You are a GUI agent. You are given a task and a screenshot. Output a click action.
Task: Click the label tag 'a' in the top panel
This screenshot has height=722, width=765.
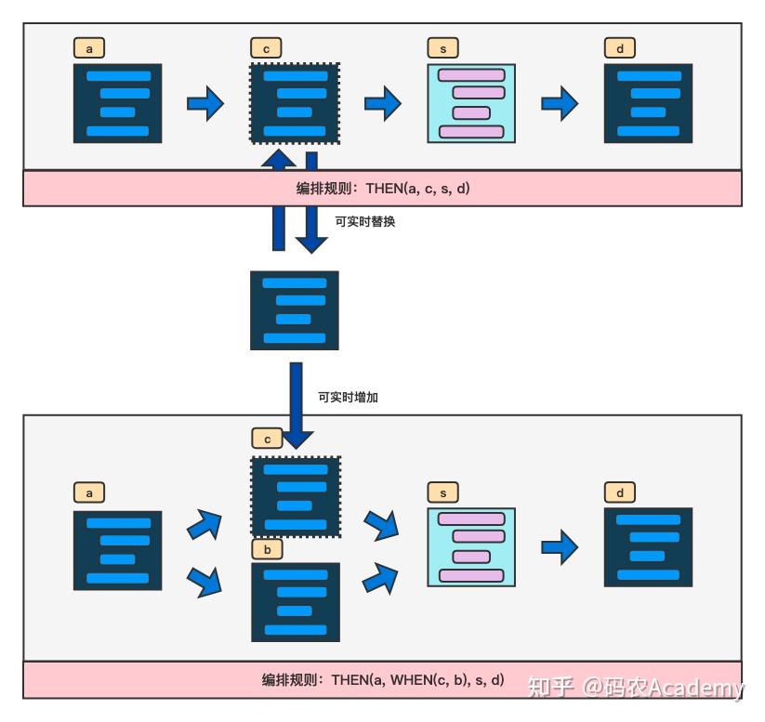[89, 49]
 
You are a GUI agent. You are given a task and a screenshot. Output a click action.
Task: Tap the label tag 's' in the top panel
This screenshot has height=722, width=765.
[443, 49]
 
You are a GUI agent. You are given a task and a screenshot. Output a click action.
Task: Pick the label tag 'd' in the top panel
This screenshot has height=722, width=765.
[620, 49]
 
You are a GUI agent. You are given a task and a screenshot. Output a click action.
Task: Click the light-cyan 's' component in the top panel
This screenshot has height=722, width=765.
[471, 103]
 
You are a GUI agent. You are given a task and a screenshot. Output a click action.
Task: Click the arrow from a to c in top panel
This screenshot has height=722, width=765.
[205, 103]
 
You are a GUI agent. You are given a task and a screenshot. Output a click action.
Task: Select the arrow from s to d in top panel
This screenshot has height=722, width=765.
[560, 103]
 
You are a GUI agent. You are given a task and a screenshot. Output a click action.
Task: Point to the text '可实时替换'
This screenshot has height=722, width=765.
[365, 222]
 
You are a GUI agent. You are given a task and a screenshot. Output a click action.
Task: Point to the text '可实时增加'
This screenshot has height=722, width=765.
[348, 397]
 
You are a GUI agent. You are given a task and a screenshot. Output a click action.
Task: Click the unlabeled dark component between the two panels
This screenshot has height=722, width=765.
[295, 310]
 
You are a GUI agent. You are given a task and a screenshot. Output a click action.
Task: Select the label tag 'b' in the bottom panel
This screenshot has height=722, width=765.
[268, 550]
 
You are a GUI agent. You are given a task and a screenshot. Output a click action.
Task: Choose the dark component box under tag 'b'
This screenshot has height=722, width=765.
[296, 602]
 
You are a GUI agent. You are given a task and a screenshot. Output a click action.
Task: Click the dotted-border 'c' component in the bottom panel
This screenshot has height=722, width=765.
[296, 496]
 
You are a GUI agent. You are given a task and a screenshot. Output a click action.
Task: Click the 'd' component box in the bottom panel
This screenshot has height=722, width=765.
[648, 547]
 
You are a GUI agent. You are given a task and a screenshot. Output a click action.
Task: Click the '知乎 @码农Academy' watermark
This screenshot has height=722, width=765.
[636, 688]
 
